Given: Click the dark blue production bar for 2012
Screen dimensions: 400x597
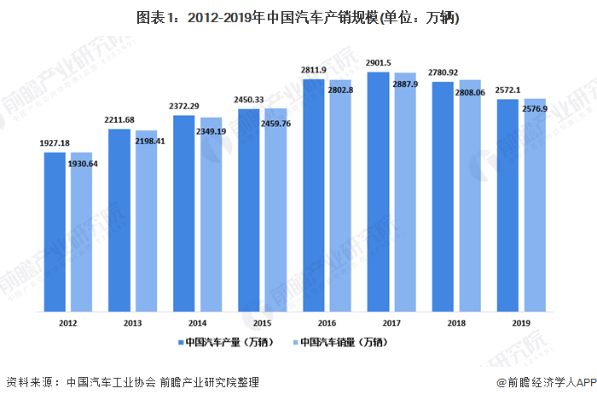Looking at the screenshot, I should click(55, 230).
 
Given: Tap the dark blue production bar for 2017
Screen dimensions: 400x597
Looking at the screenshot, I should click(379, 191).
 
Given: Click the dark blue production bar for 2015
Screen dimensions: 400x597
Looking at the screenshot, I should click(249, 210).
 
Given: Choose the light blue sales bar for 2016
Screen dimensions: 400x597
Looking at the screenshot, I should click(339, 195).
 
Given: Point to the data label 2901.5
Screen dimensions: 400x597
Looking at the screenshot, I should click(379, 62).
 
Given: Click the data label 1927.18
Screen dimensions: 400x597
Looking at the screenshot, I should click(55, 143).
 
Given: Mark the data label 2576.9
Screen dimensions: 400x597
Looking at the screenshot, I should click(534, 109).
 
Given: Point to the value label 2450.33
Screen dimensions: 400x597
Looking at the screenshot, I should click(249, 99).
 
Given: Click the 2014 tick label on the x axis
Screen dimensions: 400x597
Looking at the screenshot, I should click(197, 323).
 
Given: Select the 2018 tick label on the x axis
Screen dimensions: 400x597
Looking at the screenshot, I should click(456, 323).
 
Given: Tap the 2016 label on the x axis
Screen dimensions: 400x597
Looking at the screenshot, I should click(327, 323).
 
